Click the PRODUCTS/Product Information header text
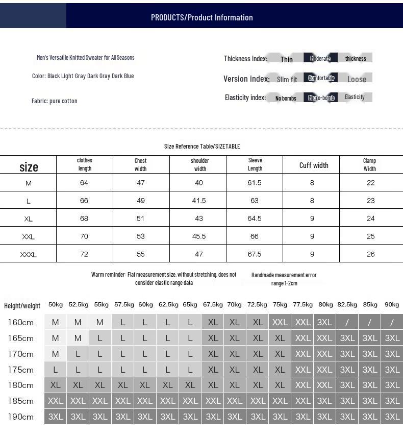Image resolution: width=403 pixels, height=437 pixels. point(202,17)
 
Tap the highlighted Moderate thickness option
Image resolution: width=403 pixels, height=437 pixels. point(320,58)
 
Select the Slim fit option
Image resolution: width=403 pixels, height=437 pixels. point(287,79)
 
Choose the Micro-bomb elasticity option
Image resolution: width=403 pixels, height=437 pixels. point(321,98)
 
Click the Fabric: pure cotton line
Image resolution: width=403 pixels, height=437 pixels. point(55,101)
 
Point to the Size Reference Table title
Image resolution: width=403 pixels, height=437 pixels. point(202,147)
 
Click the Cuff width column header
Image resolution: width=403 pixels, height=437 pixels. point(314,165)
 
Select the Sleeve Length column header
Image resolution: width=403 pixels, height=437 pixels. point(255,164)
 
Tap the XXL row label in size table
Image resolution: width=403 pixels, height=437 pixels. point(29,237)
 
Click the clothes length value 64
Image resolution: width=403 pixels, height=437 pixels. point(84,183)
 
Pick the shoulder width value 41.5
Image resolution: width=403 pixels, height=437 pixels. point(199,201)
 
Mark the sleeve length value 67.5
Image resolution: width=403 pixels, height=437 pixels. point(255,254)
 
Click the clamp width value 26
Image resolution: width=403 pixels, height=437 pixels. point(370,254)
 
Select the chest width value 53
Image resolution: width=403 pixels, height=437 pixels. point(141,236)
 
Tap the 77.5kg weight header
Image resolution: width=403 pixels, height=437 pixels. point(303,305)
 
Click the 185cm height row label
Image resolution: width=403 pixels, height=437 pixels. point(21,401)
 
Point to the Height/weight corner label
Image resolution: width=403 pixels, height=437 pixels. point(22,306)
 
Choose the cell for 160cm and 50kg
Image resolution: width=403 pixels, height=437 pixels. point(56,322)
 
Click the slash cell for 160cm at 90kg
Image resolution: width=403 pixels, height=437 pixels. point(392,322)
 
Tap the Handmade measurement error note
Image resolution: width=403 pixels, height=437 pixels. point(284,279)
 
